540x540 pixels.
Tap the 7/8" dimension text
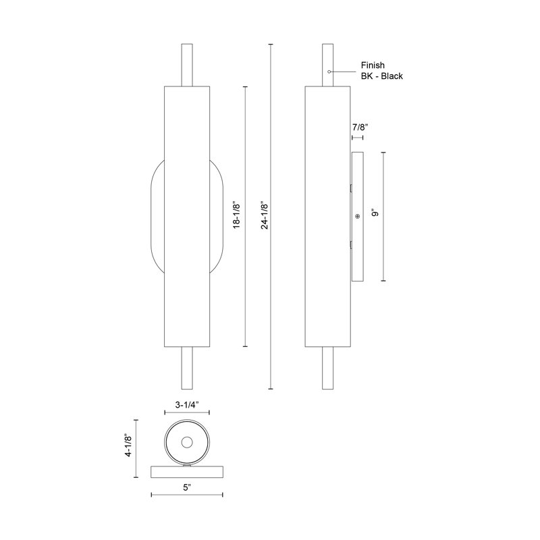point(360,128)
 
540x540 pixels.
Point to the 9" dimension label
point(375,214)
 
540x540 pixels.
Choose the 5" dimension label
point(186,503)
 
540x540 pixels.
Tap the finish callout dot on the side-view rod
point(328,71)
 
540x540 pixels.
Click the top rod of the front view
point(187,65)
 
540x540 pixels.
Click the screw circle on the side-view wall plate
point(358,217)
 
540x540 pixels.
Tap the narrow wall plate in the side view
point(358,256)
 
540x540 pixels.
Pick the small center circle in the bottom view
point(187,442)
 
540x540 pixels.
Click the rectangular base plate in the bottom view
point(187,472)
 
